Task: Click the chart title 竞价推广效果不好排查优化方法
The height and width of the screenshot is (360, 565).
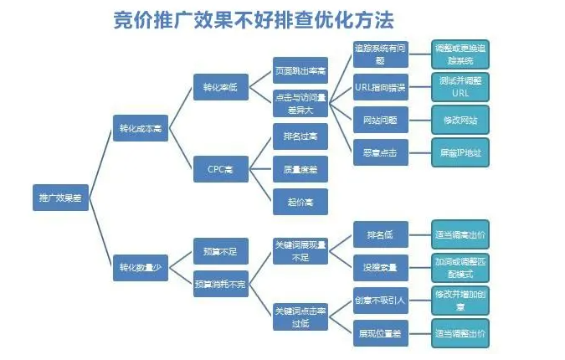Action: tap(253, 19)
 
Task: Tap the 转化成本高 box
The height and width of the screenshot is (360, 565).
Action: tap(141, 128)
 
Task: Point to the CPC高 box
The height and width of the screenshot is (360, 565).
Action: tap(221, 168)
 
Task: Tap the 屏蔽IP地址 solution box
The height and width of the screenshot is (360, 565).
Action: tap(460, 153)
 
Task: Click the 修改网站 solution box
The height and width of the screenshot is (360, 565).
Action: tap(460, 120)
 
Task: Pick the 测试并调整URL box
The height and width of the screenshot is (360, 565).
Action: tap(460, 87)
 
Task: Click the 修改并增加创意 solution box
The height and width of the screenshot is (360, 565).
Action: tap(460, 300)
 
